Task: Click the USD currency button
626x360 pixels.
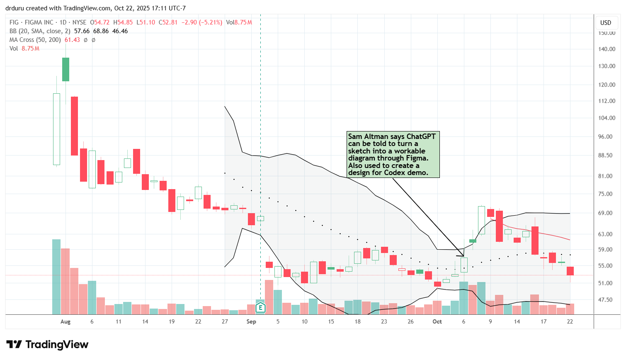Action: tap(606, 23)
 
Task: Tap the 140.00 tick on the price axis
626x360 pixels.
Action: tap(607, 49)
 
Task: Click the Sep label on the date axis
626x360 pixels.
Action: tap(251, 321)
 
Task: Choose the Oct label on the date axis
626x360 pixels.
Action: tap(437, 321)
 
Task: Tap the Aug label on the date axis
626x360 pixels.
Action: tap(66, 321)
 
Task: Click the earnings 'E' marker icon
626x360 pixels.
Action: tap(260, 307)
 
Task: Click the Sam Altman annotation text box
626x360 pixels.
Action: tap(393, 154)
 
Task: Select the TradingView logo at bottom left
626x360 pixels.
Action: tap(47, 345)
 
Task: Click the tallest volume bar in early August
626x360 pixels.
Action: tap(56, 277)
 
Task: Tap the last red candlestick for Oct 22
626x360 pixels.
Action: tap(570, 271)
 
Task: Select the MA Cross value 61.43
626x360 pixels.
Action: tap(72, 40)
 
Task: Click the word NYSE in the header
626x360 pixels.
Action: tap(79, 22)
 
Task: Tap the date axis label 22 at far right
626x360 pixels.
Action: tap(570, 321)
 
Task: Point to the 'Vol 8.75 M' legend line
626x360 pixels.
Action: tap(24, 49)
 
